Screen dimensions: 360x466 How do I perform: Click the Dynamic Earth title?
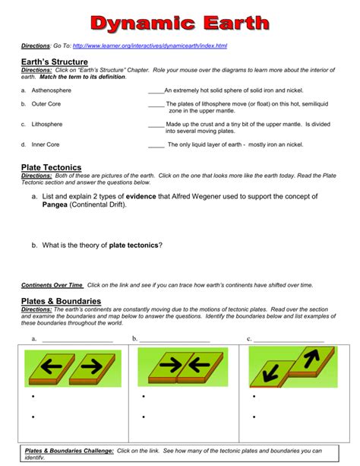coord(180,22)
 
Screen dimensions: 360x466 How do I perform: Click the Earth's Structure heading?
coord(55,62)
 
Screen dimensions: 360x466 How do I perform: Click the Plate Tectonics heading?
coord(51,167)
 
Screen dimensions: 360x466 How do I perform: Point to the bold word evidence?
coord(145,196)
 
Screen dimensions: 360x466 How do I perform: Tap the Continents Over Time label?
coord(52,284)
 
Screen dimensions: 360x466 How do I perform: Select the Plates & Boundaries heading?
coord(61,301)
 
